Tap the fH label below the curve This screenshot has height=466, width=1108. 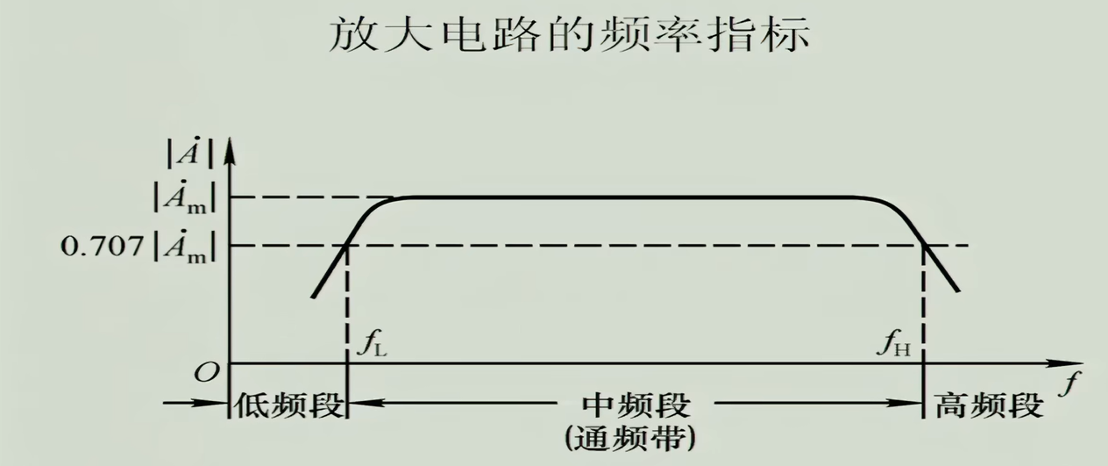(x=895, y=341)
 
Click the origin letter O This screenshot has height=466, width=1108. (x=205, y=372)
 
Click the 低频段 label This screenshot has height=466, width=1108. (x=286, y=405)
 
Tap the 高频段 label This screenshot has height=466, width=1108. (x=988, y=405)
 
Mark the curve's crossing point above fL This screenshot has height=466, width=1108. (x=348, y=245)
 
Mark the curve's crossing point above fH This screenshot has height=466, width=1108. (x=925, y=245)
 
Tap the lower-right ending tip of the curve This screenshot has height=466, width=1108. (x=960, y=290)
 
